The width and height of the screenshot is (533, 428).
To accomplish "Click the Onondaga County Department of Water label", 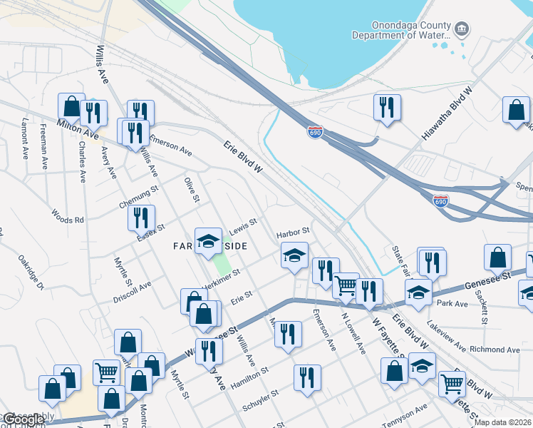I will tap(403, 28).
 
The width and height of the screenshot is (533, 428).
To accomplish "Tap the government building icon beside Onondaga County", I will tap(463, 29).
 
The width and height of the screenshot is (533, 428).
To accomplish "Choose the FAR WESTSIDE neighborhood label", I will tap(210, 246).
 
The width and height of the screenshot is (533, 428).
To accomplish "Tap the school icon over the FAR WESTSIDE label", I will tap(208, 240).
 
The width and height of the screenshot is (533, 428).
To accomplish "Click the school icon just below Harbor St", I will tap(294, 256).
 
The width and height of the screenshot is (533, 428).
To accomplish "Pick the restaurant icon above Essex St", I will tap(142, 216).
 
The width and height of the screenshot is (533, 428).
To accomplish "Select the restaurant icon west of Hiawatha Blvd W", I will tap(387, 107).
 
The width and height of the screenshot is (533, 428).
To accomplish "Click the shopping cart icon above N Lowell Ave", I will tap(346, 285).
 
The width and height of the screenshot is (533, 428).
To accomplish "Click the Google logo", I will tap(23, 420).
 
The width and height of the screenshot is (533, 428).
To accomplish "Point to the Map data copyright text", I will tap(502, 422).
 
